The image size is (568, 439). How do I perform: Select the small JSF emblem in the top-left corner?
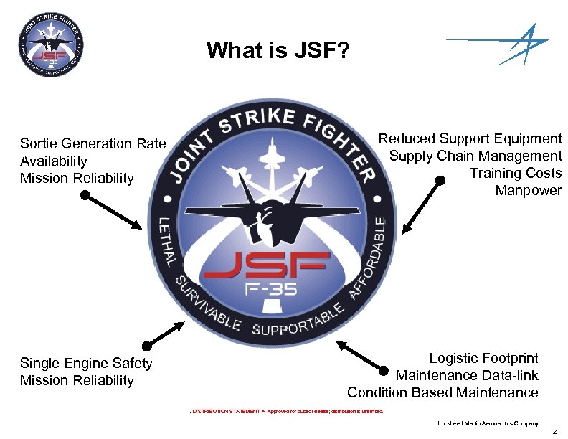[x=49, y=49]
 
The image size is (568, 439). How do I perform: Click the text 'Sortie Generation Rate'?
[x=93, y=143]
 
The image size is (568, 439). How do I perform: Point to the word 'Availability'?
[x=54, y=161]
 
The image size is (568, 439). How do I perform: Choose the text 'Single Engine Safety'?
[x=86, y=363]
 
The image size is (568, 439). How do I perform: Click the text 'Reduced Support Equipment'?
[x=470, y=138]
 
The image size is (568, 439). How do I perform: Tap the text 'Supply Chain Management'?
[x=475, y=156]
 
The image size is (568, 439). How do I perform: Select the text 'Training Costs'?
[x=516, y=173]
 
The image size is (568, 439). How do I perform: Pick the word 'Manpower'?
[x=528, y=190]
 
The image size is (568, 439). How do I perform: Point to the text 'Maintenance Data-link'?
[x=467, y=375]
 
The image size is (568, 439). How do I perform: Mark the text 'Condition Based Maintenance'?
[x=442, y=392]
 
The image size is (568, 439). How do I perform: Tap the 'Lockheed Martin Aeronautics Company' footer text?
[x=488, y=423]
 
